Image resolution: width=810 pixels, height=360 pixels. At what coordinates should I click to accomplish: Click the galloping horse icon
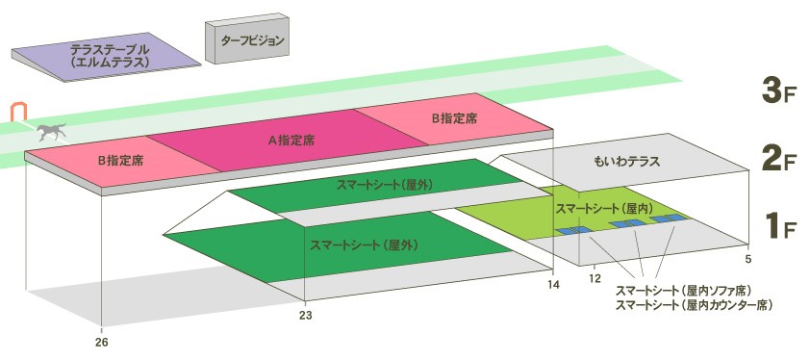pyautogui.click(x=52, y=132)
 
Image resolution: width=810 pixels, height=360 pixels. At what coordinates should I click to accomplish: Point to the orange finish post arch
pyautogui.click(x=18, y=113)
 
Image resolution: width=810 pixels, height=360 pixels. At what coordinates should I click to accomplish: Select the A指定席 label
pyautogui.click(x=291, y=141)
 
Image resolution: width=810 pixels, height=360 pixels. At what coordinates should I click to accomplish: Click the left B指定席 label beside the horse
pyautogui.click(x=120, y=161)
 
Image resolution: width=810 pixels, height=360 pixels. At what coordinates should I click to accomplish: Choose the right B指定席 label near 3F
pyautogui.click(x=455, y=118)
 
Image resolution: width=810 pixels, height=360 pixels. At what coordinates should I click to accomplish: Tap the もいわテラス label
pyautogui.click(x=626, y=162)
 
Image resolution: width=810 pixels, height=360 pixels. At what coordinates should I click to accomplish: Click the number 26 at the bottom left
pyautogui.click(x=102, y=342)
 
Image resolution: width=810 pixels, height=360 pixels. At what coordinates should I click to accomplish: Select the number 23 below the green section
pyautogui.click(x=306, y=315)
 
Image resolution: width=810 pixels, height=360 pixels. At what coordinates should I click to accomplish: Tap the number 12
pyautogui.click(x=595, y=279)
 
